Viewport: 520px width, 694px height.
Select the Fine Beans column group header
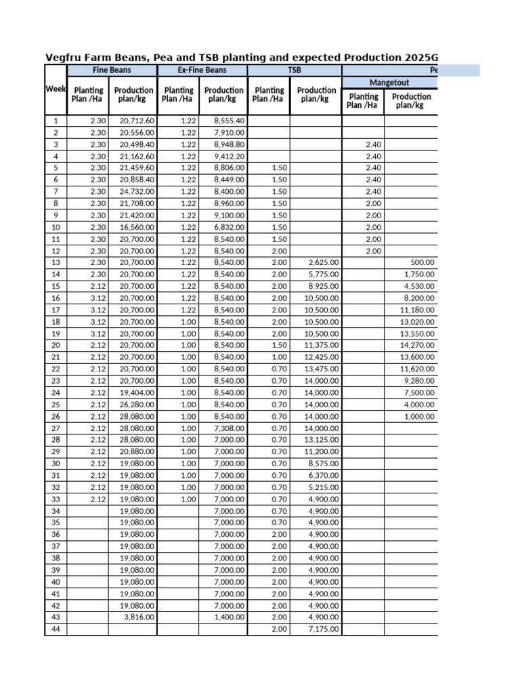tap(112, 70)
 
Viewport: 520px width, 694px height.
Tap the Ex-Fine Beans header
tap(202, 70)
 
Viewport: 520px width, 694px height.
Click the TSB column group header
tap(295, 70)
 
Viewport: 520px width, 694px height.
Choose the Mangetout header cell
tap(390, 83)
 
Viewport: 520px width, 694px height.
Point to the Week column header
tap(56, 89)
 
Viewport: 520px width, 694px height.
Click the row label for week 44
tap(56, 629)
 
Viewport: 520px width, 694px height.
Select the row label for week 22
tap(56, 369)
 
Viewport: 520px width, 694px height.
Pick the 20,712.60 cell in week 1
tap(137, 121)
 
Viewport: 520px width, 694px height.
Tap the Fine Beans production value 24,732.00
tap(137, 192)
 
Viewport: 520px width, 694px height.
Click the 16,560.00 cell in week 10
tap(137, 227)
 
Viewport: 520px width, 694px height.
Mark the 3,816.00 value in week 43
tap(139, 617)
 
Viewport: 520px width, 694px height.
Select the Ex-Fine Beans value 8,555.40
tap(229, 121)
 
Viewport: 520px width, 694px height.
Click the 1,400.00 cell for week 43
tap(230, 617)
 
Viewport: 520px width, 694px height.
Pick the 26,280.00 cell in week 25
tap(137, 405)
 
